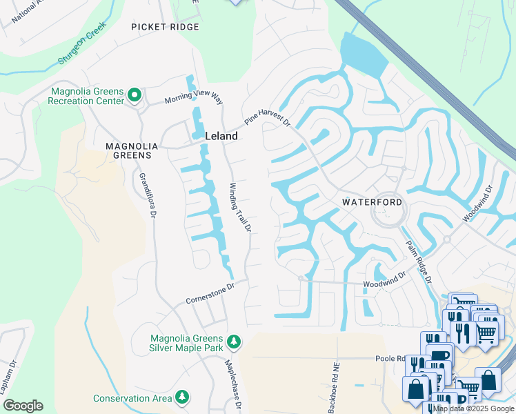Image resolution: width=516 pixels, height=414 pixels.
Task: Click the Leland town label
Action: pyautogui.click(x=221, y=136)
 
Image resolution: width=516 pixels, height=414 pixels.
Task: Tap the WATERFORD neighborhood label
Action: pyautogui.click(x=373, y=202)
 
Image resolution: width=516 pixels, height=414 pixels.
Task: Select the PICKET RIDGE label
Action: pyautogui.click(x=166, y=27)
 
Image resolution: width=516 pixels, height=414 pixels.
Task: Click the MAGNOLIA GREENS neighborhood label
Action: pyautogui.click(x=128, y=150)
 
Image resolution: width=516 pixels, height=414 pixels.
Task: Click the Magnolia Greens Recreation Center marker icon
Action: pyautogui.click(x=135, y=96)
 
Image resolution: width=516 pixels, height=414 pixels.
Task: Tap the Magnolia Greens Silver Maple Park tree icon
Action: pyautogui.click(x=234, y=342)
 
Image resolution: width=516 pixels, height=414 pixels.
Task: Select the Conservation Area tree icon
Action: pyautogui.click(x=182, y=397)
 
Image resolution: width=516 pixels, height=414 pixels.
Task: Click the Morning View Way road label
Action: pyautogui.click(x=194, y=99)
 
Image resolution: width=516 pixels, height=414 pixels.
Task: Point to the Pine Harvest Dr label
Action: pyautogui.click(x=266, y=117)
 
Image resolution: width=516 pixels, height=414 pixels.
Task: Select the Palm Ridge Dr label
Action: pyautogui.click(x=418, y=262)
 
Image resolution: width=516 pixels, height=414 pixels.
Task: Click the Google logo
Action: pyautogui.click(x=23, y=406)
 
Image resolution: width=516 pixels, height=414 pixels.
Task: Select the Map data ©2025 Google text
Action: pyautogui.click(x=473, y=408)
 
